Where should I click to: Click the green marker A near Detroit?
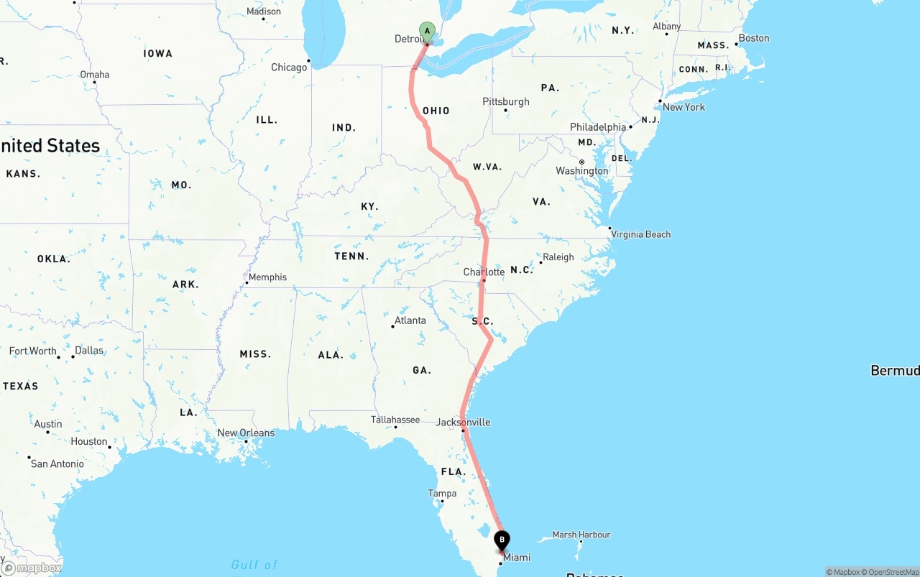(428, 31)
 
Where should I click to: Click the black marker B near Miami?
(502, 539)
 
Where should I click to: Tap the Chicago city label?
(289, 68)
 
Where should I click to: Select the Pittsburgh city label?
(506, 101)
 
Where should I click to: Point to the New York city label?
(684, 107)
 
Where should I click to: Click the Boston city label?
(754, 38)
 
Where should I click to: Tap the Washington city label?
(581, 171)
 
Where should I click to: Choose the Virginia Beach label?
(640, 234)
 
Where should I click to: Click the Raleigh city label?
(558, 257)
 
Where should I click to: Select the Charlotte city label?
(484, 272)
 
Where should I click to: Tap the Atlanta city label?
(410, 320)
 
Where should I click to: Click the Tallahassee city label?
(395, 420)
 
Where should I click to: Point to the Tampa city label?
(442, 494)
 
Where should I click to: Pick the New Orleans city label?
(246, 433)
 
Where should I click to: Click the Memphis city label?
(267, 277)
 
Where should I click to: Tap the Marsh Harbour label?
(581, 535)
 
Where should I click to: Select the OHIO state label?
(436, 111)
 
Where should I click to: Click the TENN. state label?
(351, 257)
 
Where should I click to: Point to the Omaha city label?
(95, 75)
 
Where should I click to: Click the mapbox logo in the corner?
(32, 568)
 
